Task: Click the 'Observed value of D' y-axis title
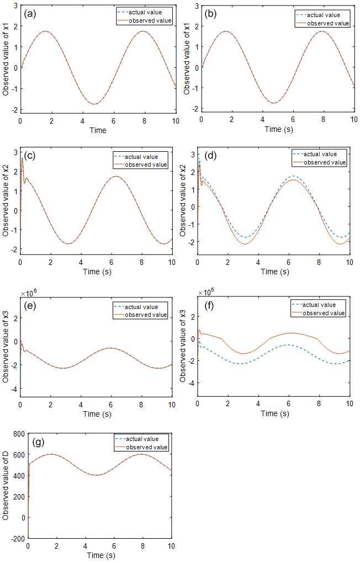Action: click(x=6, y=486)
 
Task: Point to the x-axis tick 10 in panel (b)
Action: click(x=353, y=120)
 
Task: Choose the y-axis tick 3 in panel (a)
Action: click(x=14, y=4)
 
